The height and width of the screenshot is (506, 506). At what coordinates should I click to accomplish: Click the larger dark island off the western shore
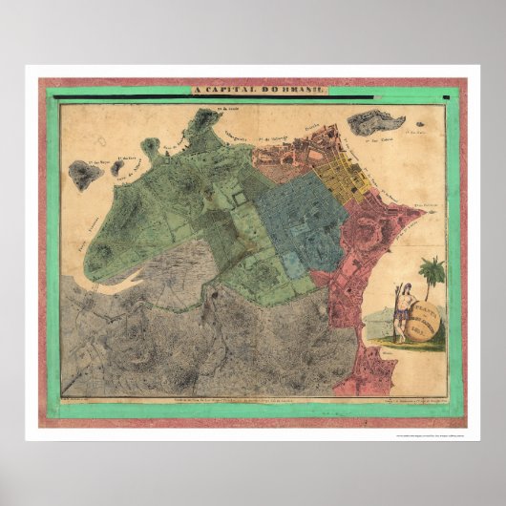click(85, 175)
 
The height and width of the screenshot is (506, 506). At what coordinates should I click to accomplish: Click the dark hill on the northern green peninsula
click(204, 122)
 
